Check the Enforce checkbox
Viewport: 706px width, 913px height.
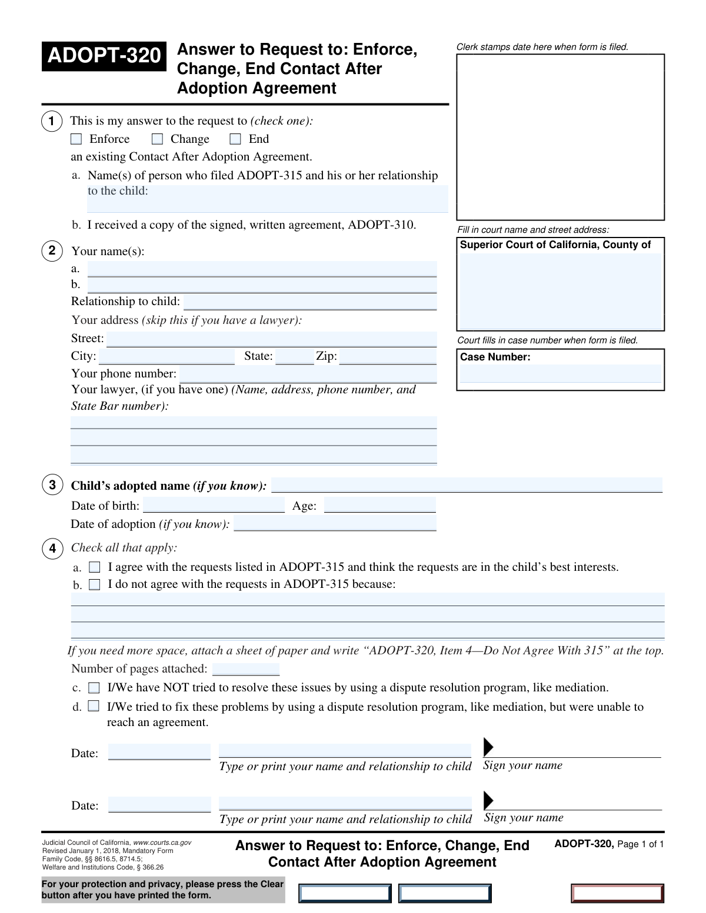pos(76,139)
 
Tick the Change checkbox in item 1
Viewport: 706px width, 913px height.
pos(157,139)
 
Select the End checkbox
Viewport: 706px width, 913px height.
pos(235,139)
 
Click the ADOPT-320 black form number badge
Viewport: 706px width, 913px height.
pos(104,56)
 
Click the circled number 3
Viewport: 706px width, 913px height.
pos(52,485)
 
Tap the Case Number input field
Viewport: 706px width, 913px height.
pos(560,374)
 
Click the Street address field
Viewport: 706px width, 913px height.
pos(271,339)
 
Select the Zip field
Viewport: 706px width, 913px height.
pos(388,357)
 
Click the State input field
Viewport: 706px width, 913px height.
pos(294,357)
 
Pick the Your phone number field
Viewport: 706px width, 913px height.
pos(308,374)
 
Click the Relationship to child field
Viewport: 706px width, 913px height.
pos(310,302)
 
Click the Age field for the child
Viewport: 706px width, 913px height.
pos(379,506)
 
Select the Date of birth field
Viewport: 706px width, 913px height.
pos(214,506)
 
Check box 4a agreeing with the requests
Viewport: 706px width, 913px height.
pos(95,567)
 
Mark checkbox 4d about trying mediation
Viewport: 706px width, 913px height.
pos(94,706)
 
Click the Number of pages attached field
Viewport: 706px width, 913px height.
pos(246,669)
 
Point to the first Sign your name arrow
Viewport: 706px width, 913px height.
pos(488,747)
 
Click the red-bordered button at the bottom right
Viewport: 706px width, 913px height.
pos(617,894)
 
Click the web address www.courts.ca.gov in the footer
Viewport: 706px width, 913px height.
pos(162,842)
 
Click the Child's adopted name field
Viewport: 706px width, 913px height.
pos(467,486)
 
